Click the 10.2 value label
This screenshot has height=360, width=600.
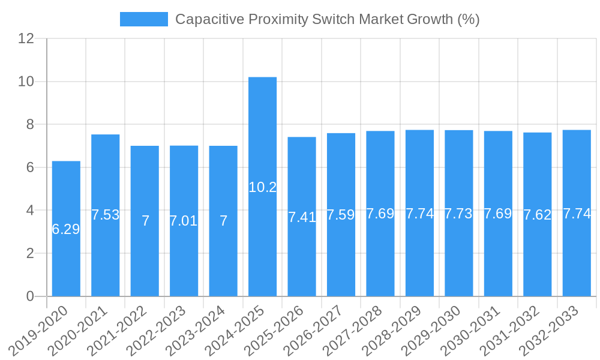tap(262, 187)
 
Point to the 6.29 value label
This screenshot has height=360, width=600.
tap(66, 229)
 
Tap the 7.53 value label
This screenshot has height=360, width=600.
tap(106, 215)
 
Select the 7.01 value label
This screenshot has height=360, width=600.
tap(184, 221)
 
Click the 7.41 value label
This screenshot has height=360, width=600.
tap(302, 217)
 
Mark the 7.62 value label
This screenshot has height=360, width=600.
tap(537, 215)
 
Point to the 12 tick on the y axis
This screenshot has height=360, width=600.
tap(26, 38)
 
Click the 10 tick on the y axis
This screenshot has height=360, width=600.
tap(26, 82)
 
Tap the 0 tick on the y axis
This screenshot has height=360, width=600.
tap(31, 296)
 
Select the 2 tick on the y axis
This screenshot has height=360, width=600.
tap(31, 253)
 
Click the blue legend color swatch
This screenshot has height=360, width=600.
tap(144, 19)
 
